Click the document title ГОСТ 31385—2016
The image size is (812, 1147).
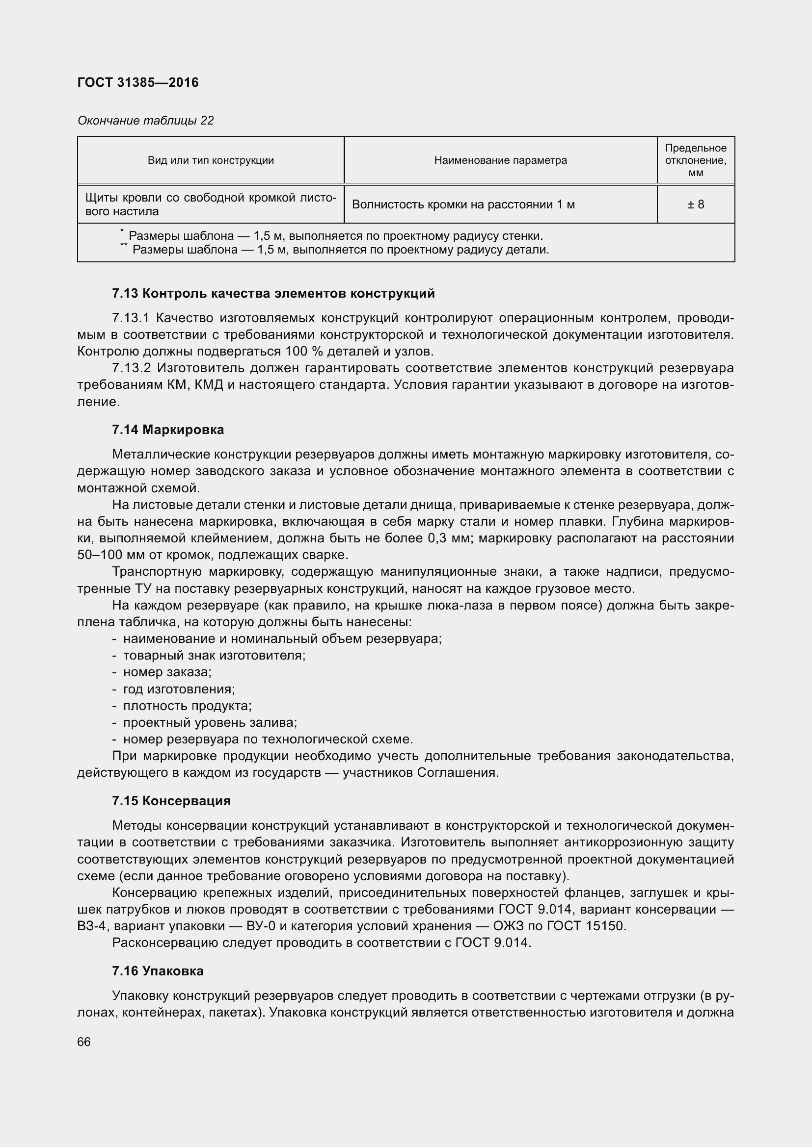tap(138, 82)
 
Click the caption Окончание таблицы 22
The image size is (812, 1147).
tap(145, 121)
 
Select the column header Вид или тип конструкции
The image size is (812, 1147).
tap(211, 160)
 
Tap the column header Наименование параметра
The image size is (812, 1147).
tap(500, 160)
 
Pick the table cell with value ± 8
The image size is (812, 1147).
tap(696, 204)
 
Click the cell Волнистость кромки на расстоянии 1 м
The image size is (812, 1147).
tap(463, 204)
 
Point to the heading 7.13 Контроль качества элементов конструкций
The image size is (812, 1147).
tap(273, 293)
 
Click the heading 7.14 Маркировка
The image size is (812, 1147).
tap(168, 430)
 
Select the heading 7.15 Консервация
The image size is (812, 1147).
tap(171, 801)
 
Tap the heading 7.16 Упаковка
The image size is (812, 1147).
tap(158, 971)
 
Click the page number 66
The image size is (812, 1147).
tap(84, 1042)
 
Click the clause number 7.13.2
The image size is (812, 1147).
tap(132, 368)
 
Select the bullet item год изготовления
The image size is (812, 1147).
tap(179, 689)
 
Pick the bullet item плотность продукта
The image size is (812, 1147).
tap(187, 706)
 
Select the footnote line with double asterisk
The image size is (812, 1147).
tap(340, 250)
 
